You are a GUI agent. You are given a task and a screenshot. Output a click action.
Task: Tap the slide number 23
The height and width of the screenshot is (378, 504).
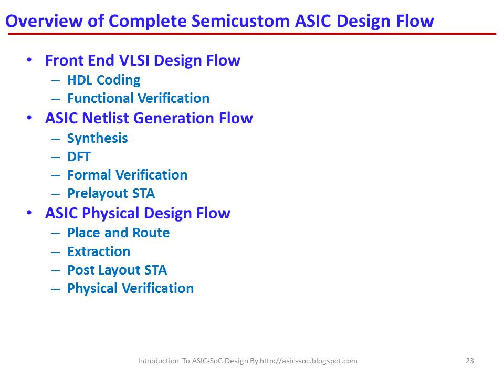[470, 361]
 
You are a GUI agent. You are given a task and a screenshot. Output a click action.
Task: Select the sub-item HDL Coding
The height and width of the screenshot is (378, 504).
[103, 80]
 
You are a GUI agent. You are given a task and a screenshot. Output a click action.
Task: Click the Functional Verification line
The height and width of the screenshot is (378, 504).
[138, 98]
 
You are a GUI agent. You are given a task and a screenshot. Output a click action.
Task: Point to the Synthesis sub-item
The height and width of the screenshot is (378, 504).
[97, 138]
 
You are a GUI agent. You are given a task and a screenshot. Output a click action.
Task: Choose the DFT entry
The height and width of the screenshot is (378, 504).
[79, 156]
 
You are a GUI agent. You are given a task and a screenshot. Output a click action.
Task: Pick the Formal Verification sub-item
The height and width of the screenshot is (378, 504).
[127, 175]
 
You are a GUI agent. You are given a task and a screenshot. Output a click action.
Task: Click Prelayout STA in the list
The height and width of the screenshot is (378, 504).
[111, 193]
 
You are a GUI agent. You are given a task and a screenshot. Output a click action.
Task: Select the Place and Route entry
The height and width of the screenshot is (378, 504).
[118, 233]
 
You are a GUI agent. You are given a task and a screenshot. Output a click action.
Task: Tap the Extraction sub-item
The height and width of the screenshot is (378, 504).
[99, 251]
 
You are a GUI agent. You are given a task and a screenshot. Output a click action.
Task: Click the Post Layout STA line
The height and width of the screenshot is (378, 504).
[117, 270]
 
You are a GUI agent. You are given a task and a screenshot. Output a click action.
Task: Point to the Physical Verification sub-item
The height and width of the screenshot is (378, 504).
[130, 288]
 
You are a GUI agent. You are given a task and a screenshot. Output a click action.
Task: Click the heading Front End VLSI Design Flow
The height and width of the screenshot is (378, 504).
[142, 60]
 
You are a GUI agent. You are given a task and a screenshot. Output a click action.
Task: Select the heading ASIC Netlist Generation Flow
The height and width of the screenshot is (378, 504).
[149, 118]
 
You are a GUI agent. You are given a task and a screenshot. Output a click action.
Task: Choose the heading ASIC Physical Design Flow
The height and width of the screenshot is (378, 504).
[138, 213]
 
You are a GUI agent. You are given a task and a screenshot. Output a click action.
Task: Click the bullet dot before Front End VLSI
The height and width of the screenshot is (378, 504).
[29, 60]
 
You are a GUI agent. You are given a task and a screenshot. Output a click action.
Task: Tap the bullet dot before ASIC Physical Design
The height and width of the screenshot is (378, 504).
[29, 213]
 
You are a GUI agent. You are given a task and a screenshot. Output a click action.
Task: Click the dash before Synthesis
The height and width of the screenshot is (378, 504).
[56, 139]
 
